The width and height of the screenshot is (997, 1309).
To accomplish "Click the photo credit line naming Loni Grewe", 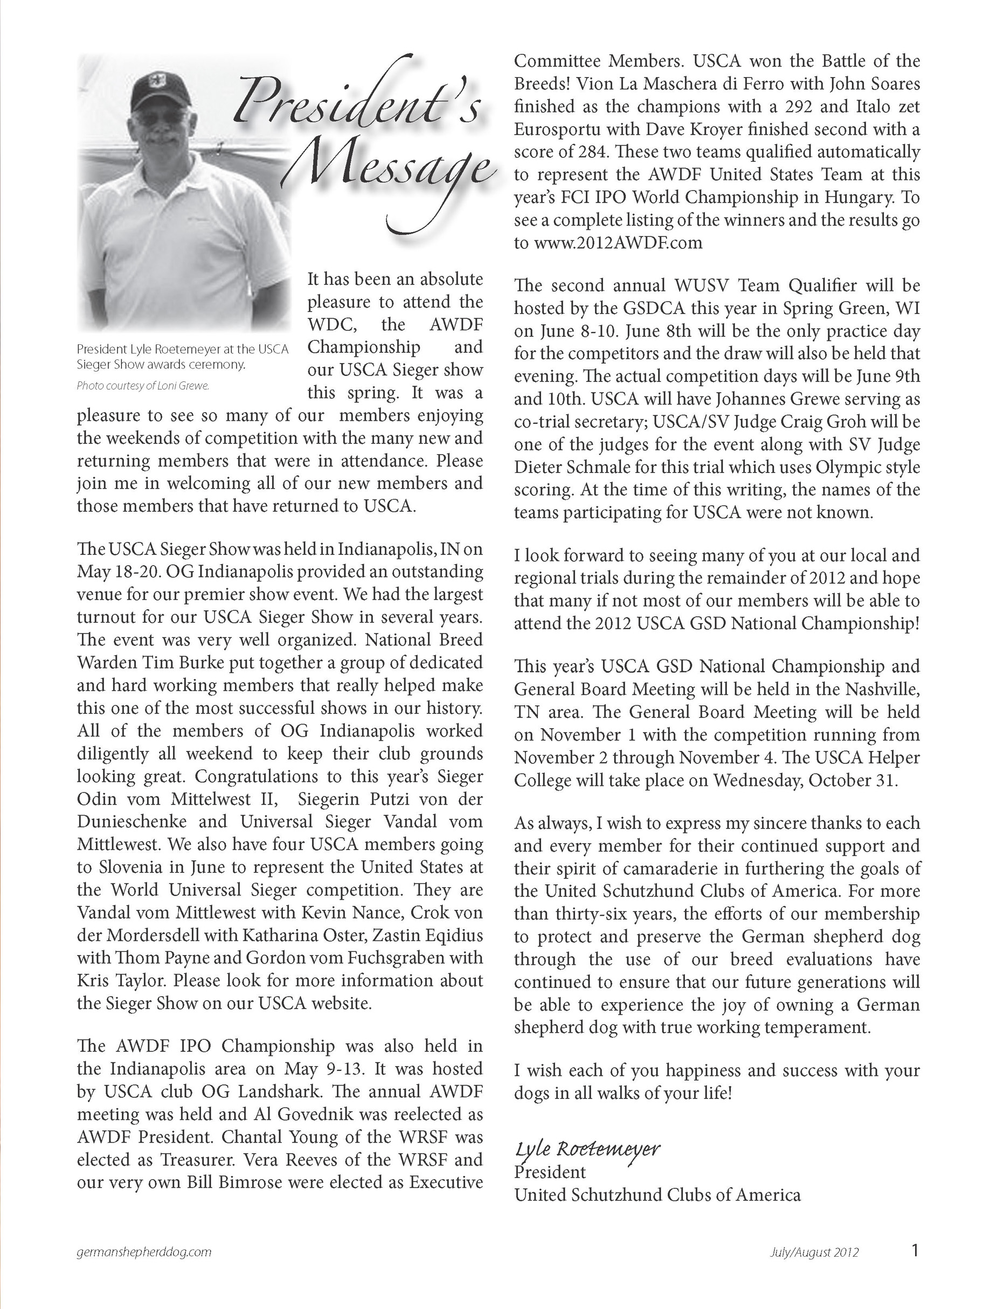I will coord(143,386).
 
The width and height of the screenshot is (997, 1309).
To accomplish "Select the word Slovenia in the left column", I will coord(136,867).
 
